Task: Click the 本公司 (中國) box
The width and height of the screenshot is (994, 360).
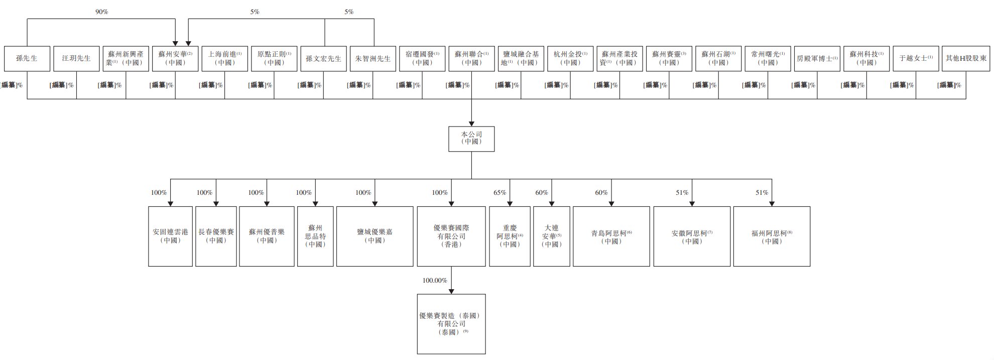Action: click(471, 139)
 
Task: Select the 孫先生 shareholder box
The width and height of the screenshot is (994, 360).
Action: click(27, 58)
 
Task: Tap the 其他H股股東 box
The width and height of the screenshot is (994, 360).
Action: click(965, 58)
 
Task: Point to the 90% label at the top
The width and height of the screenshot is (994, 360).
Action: click(101, 12)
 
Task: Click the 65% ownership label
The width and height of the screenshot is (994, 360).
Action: click(500, 192)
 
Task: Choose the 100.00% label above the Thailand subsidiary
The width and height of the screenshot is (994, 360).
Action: click(434, 280)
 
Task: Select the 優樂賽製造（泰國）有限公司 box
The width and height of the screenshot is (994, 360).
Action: click(451, 324)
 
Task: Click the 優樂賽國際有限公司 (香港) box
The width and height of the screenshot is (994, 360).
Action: click(451, 236)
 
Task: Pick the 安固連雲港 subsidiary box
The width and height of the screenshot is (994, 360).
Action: click(170, 236)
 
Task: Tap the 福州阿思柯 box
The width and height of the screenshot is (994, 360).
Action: click(772, 236)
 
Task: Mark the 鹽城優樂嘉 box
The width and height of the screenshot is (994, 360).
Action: click(375, 236)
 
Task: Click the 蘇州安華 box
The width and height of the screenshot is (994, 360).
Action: click(175, 58)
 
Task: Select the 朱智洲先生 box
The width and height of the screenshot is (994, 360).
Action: click(372, 58)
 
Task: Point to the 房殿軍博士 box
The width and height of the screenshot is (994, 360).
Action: click(817, 58)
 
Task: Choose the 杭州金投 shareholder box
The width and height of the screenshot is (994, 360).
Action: click(570, 58)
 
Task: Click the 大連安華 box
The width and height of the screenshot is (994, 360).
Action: click(551, 236)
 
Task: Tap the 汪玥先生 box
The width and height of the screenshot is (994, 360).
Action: click(76, 58)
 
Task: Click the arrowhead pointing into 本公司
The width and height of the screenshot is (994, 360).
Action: click(471, 123)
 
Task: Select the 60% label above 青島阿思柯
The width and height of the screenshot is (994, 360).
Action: click(601, 192)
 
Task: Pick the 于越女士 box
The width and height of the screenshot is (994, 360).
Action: click(916, 58)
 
